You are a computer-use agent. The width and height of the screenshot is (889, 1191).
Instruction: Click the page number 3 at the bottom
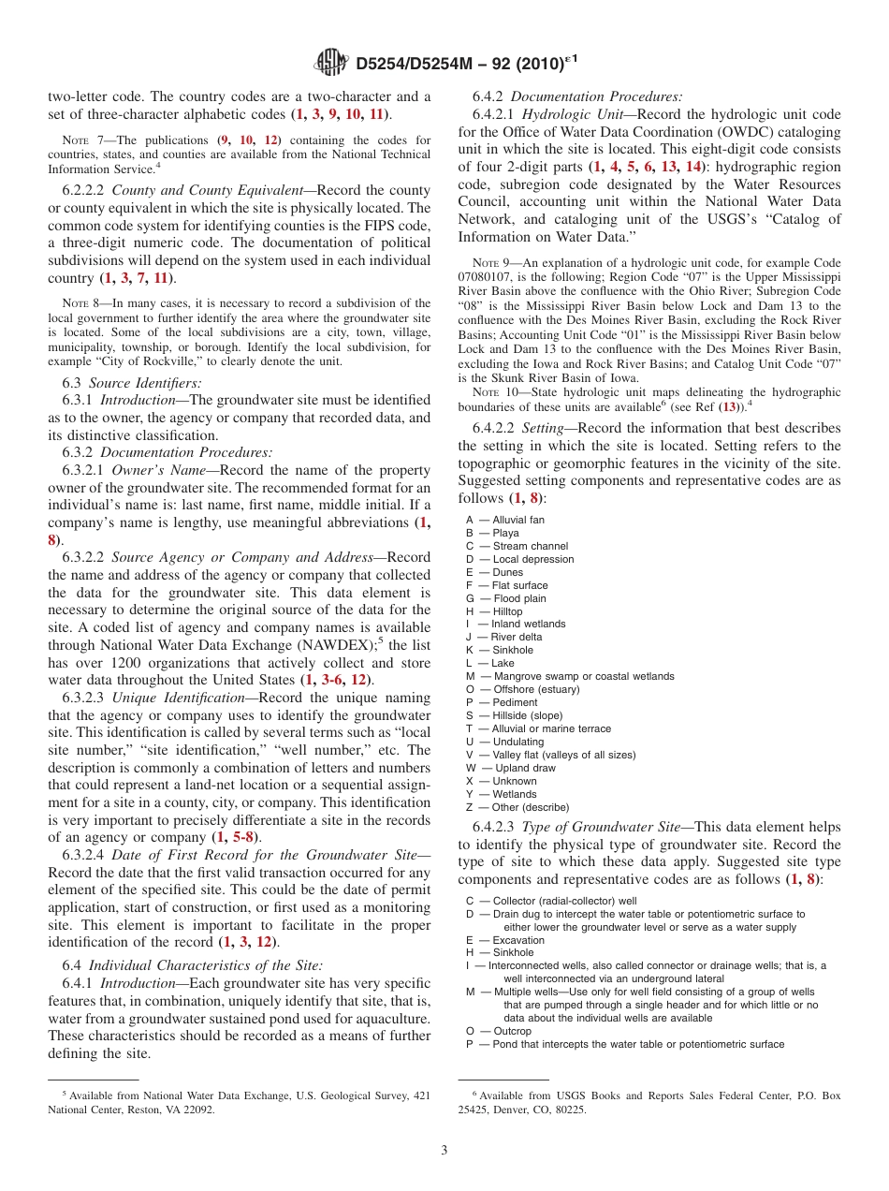tap(444, 1150)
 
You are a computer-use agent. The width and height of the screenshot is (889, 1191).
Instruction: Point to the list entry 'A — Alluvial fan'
tap(505, 520)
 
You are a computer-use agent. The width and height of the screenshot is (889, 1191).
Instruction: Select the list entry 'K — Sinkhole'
tap(500, 650)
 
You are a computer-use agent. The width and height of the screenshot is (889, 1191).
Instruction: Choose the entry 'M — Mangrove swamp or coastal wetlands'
tap(570, 676)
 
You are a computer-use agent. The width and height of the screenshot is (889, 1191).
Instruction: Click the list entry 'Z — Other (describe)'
tap(517, 807)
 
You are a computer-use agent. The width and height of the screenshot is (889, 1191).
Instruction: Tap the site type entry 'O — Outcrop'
tap(499, 1031)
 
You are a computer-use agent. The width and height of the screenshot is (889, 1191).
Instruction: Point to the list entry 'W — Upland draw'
tap(511, 768)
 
